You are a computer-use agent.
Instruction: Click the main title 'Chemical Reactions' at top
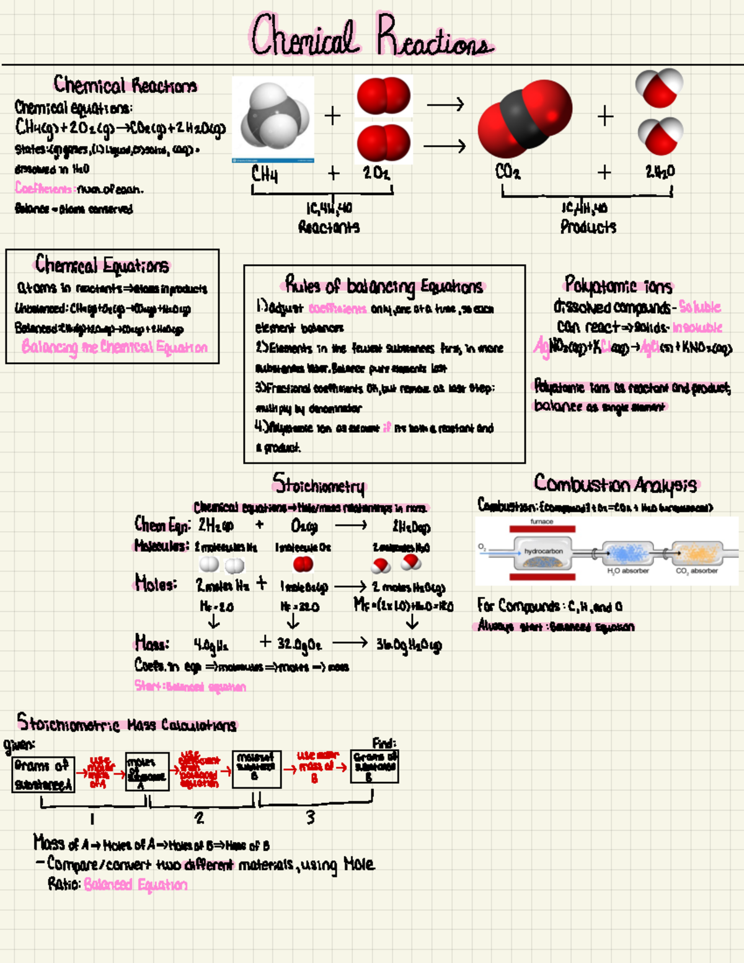(372, 36)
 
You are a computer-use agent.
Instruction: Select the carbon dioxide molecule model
(525, 118)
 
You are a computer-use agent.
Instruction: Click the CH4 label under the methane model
(265, 174)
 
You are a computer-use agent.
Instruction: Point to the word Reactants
(329, 227)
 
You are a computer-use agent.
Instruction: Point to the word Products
(588, 227)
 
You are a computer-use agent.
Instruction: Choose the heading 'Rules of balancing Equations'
(384, 286)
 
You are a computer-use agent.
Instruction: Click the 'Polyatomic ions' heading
(618, 285)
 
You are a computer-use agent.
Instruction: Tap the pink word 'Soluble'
(699, 307)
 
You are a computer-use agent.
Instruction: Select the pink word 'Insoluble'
(697, 327)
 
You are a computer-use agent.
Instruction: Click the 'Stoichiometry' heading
(319, 484)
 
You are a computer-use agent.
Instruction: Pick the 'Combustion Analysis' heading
(615, 484)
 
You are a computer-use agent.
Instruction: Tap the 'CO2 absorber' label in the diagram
(696, 571)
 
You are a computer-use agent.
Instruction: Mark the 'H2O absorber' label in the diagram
(627, 571)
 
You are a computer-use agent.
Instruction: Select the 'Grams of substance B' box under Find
(374, 766)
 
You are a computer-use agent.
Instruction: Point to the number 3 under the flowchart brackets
(310, 818)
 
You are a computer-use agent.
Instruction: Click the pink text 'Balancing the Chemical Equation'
(114, 347)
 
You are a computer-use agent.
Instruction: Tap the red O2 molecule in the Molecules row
(303, 564)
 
